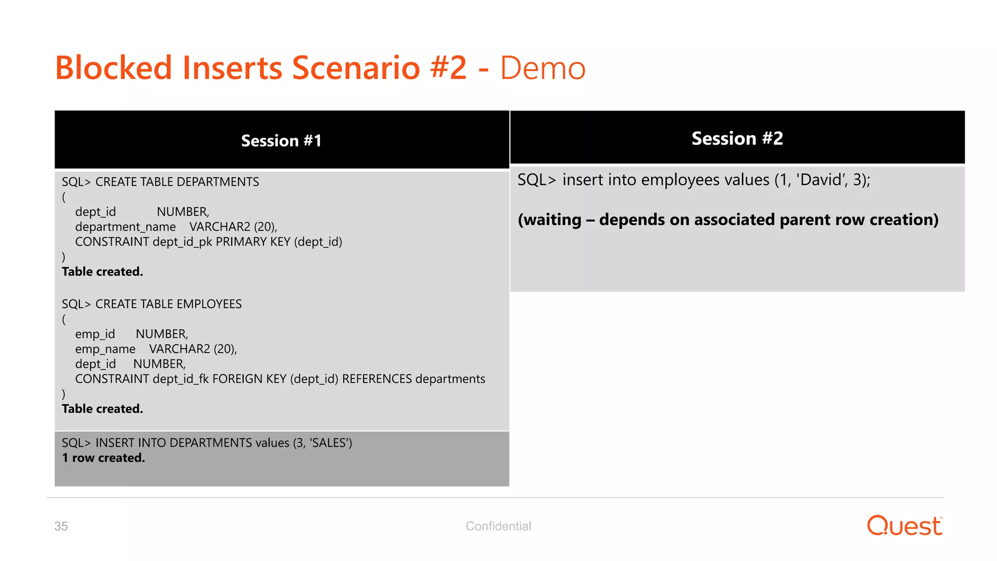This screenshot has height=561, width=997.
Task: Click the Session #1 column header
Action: (x=281, y=141)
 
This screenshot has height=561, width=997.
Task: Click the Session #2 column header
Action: (x=737, y=138)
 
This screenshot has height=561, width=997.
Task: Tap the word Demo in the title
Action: (x=542, y=68)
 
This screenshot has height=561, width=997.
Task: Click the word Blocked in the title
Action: (x=113, y=68)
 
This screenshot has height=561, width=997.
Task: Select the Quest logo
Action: (x=904, y=526)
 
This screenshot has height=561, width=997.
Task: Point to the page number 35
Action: (x=61, y=526)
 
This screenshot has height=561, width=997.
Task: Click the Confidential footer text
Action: (x=498, y=526)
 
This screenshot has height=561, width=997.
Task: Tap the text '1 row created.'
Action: (x=103, y=458)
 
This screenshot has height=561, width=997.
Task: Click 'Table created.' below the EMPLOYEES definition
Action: (x=102, y=409)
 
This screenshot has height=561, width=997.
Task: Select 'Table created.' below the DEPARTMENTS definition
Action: (x=102, y=272)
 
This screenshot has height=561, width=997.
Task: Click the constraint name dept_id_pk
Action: (x=182, y=242)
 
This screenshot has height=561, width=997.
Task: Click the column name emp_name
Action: (x=105, y=349)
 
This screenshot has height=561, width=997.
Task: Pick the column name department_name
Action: (x=125, y=227)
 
